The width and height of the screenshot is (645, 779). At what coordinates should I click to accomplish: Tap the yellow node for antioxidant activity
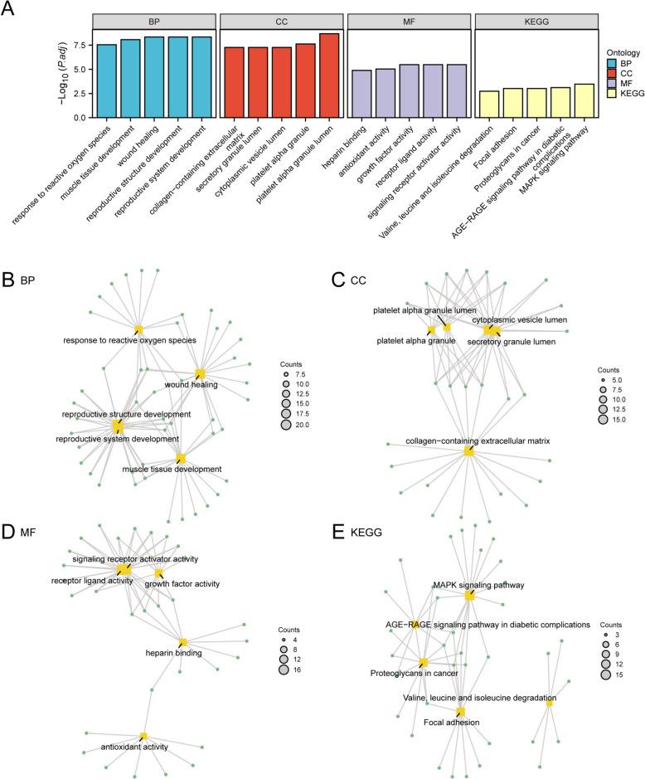[x=143, y=736]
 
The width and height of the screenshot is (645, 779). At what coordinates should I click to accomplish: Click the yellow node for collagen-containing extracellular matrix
[x=469, y=450]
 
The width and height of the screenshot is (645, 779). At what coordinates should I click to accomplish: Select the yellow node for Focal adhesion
[x=460, y=711]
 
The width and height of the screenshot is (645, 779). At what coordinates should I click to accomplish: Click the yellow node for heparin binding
[x=183, y=642]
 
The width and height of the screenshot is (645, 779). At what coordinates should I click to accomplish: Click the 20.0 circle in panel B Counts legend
[x=285, y=424]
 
